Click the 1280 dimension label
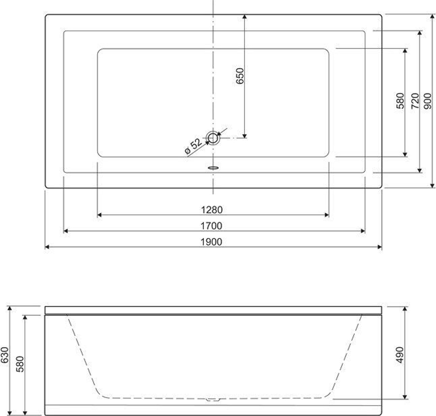coord(211,210)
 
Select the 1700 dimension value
coord(211,226)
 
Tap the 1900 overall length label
coord(211,242)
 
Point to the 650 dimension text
coord(239,75)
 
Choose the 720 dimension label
coord(415,101)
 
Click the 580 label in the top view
coord(400,101)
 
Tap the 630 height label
coord(5,355)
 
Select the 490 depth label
coord(399,355)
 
